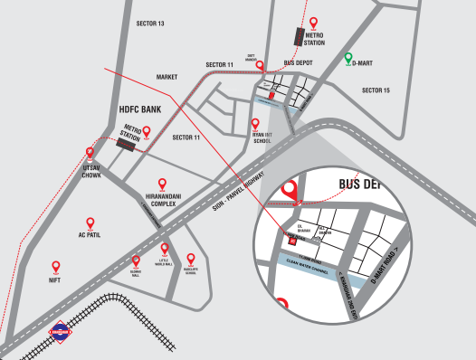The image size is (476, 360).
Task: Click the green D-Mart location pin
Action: [348, 60]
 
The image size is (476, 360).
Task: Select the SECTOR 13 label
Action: [149, 23]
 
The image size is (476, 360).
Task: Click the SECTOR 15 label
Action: [376, 90]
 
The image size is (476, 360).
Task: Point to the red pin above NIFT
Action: [56, 267]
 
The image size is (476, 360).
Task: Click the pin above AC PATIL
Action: [89, 223]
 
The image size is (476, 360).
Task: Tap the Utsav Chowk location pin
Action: [89, 154]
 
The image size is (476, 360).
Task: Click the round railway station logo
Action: [59, 334]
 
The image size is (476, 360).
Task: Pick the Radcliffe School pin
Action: [190, 259]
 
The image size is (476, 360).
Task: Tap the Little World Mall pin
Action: [164, 249]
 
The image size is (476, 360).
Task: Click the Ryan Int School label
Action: [262, 137]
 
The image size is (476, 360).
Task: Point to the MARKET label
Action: [167, 78]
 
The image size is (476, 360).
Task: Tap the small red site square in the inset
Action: [291, 241]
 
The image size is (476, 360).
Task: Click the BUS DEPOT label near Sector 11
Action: [298, 63]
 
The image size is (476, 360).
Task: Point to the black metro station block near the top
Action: [300, 37]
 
